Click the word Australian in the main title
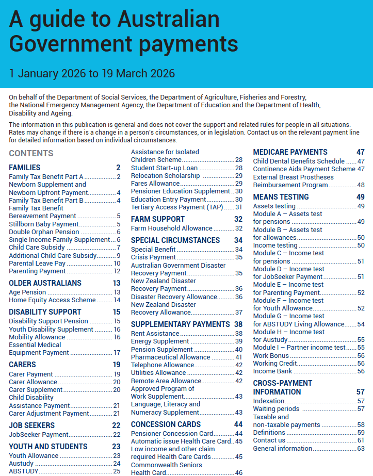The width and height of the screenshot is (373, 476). click(169, 20)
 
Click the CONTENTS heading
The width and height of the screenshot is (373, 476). click(31, 153)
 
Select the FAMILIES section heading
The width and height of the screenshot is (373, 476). click(25, 168)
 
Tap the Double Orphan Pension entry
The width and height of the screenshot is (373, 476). click(44, 232)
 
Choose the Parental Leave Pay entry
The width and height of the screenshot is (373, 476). click(37, 264)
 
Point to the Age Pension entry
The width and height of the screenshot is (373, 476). click(27, 292)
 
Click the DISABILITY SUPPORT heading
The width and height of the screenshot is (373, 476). click(45, 312)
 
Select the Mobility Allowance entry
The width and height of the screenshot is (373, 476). click(37, 337)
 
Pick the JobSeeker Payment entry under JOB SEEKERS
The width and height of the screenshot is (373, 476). click(39, 435)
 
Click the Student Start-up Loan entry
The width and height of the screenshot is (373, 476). click(164, 168)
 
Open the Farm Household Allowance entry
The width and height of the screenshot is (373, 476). click(172, 228)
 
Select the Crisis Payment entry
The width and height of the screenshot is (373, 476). click(154, 257)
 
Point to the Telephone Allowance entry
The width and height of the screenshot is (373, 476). click(163, 365)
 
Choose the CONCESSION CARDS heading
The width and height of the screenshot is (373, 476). click(166, 424)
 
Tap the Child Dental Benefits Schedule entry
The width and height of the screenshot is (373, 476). click(299, 161)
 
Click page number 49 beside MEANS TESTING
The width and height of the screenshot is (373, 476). click(360, 197)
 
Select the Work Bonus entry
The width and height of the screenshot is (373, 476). click(271, 356)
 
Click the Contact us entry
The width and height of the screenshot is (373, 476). click(269, 440)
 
